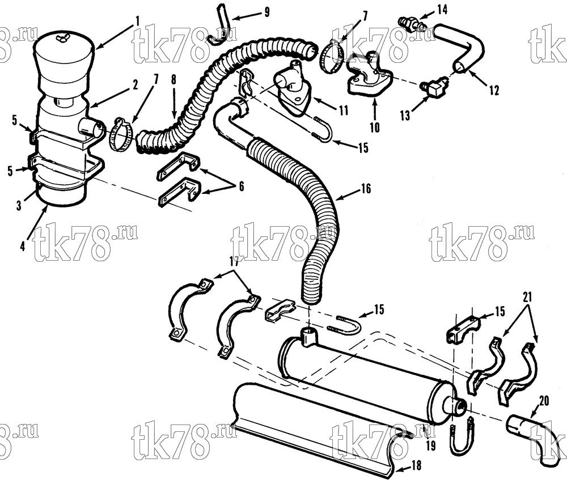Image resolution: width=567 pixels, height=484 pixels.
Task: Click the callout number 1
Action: tap(137, 21)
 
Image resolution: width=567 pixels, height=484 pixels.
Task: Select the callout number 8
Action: tap(174, 79)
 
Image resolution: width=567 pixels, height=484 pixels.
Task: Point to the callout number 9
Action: tap(267, 12)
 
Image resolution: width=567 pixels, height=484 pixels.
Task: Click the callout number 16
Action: tap(366, 188)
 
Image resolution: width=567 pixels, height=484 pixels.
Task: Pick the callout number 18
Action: tap(417, 465)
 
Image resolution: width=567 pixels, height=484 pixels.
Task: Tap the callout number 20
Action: tap(544, 401)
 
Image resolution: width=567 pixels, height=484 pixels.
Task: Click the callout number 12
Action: tap(494, 90)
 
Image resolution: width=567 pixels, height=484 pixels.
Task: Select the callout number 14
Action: tap(442, 10)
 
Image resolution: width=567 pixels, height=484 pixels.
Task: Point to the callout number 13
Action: tap(405, 115)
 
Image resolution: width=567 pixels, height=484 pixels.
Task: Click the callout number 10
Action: tap(375, 127)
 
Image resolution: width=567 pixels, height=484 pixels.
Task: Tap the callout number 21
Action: tap(527, 298)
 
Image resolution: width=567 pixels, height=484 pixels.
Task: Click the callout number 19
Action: tap(431, 445)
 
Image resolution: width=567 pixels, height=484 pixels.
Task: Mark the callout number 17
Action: tap(234, 262)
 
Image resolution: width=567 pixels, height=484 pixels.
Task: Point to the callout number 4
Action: tap(23, 247)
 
